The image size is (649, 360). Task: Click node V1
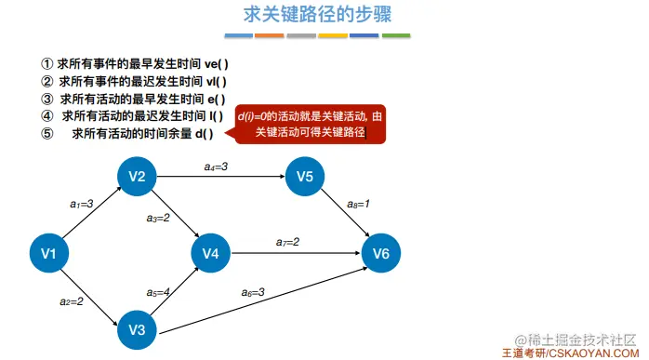click(49, 253)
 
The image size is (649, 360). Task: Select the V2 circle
click(137, 177)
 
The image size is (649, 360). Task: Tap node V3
click(137, 330)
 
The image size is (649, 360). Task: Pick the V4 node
click(211, 253)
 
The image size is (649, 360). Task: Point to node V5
click(305, 177)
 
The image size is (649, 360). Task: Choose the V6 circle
click(381, 253)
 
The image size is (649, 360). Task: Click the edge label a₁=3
click(82, 204)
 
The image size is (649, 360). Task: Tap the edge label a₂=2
click(72, 301)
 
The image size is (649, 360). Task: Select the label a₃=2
click(158, 218)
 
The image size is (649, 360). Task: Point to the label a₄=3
click(216, 167)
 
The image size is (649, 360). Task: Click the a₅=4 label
click(158, 292)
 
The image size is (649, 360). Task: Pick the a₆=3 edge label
click(253, 292)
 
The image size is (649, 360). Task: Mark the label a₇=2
click(287, 242)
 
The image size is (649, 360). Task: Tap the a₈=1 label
click(358, 204)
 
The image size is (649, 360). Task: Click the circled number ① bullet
click(47, 64)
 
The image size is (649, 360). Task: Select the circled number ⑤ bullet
click(47, 133)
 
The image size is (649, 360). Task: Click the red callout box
click(310, 125)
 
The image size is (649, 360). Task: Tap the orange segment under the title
click(270, 36)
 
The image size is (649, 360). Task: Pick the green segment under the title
click(396, 36)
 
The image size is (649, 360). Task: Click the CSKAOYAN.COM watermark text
click(594, 353)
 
